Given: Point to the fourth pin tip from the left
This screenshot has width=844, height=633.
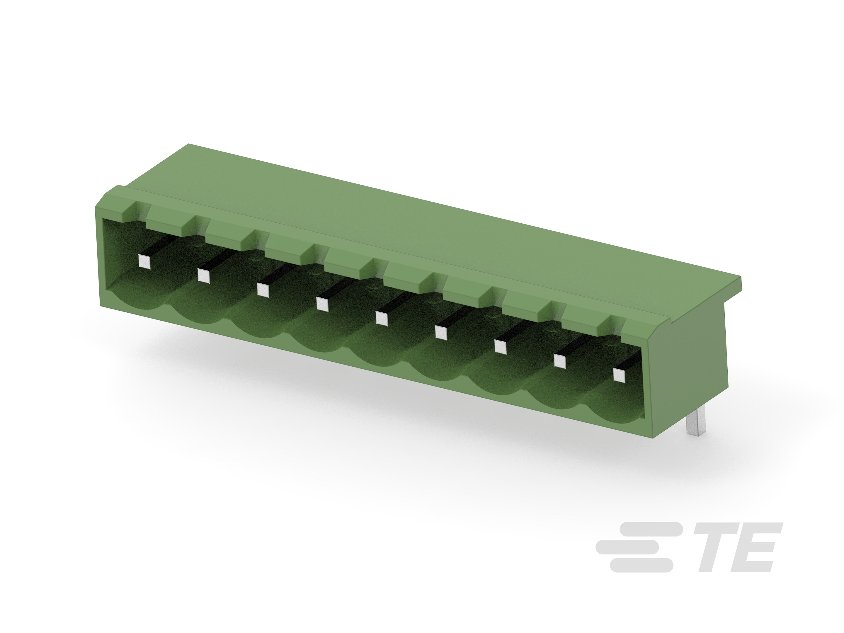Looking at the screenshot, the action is coord(322,304).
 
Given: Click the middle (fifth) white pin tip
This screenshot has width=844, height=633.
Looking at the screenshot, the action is coord(382,318).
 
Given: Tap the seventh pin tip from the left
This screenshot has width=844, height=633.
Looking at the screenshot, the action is coord(500,347).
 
